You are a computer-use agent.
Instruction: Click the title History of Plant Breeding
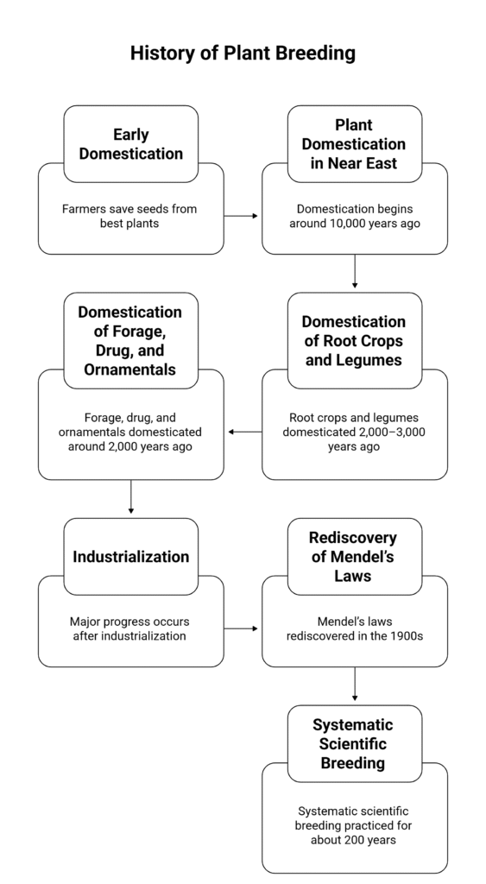click(x=243, y=53)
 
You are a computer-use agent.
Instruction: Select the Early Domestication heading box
click(x=130, y=144)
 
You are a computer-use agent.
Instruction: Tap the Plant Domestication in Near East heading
click(x=354, y=144)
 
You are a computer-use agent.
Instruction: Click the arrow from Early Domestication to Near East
click(x=243, y=216)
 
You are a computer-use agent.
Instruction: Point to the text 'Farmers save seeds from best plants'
click(x=130, y=216)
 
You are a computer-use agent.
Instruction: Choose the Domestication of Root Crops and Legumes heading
click(x=354, y=340)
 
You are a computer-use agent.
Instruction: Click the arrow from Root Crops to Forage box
click(x=243, y=432)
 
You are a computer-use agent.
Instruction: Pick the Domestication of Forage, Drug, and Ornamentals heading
click(x=130, y=340)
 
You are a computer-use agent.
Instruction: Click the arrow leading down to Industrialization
click(x=130, y=498)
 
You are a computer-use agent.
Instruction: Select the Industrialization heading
click(x=130, y=557)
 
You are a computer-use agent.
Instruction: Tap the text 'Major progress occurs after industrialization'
click(x=130, y=628)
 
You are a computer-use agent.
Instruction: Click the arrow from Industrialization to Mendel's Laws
click(x=243, y=628)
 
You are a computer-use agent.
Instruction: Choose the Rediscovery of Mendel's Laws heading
click(x=354, y=556)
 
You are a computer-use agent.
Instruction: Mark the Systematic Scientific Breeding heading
click(x=354, y=743)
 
